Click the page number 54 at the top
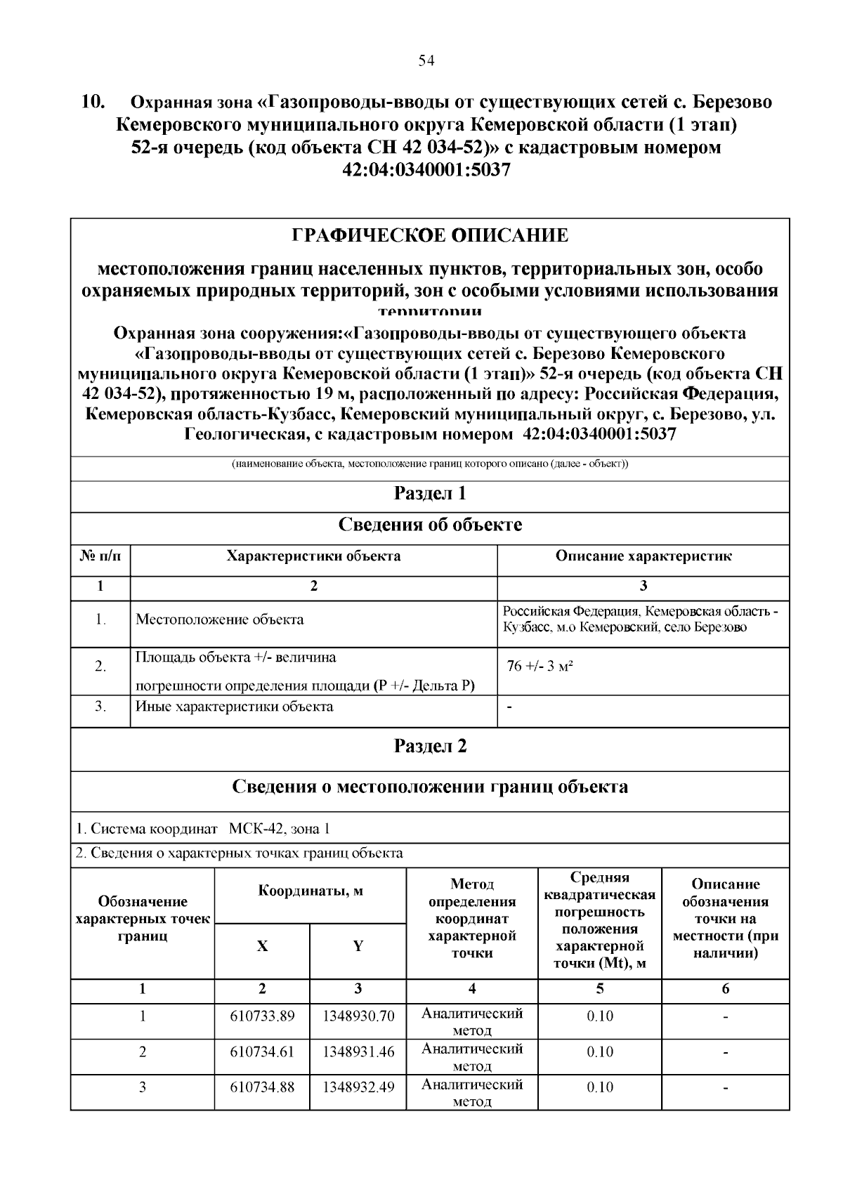[x=426, y=61]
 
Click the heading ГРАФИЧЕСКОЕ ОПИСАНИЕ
[x=430, y=235]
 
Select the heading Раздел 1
[x=430, y=493]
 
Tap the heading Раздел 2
[x=430, y=746]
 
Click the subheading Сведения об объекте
[x=430, y=525]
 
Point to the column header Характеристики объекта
[x=313, y=556]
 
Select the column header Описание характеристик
[x=643, y=556]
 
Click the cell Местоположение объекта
[x=220, y=620]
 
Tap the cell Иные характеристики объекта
[x=235, y=707]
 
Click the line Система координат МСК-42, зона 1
[x=203, y=829]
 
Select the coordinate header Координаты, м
[x=311, y=891]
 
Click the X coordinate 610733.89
[x=262, y=1016]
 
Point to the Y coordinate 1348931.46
[x=358, y=1052]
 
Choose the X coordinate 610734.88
[x=262, y=1087]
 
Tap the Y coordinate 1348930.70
[x=358, y=1016]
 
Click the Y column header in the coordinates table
[x=358, y=946]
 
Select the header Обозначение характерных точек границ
[x=143, y=919]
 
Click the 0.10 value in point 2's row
[x=600, y=1052]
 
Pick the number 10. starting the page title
[x=93, y=102]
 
